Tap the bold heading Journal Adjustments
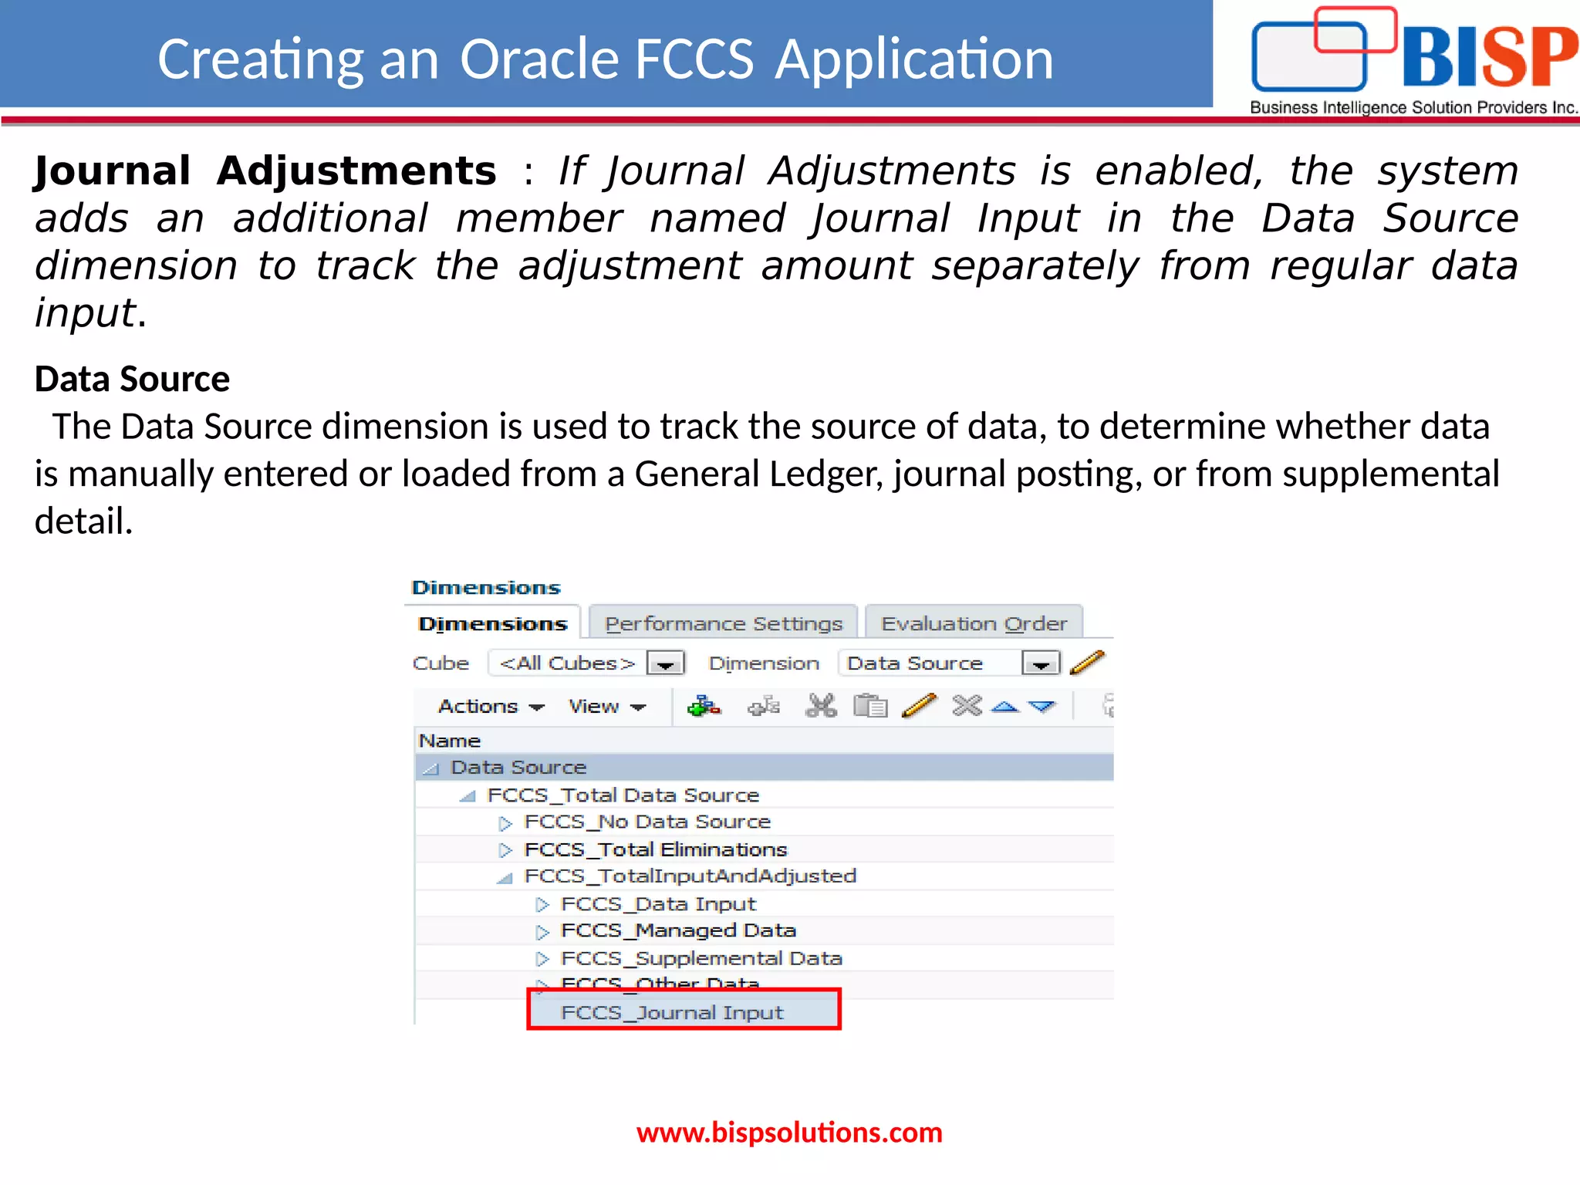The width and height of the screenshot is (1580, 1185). coord(265,170)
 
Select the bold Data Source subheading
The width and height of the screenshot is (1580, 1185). coord(132,379)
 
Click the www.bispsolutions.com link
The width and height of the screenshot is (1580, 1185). coord(789,1133)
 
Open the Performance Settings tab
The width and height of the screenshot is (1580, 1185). coord(723,623)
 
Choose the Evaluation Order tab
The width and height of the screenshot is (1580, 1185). coord(974,623)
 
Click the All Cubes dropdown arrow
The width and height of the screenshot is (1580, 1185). coord(665,663)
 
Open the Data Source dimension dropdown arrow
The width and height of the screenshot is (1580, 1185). coord(1040,663)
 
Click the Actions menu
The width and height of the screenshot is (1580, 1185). coord(491,707)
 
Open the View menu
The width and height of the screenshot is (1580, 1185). coord(606,707)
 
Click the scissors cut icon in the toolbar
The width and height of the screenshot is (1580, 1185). coord(821,706)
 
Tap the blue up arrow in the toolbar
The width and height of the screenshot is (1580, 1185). coord(1004,706)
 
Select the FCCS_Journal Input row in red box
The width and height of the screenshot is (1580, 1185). coord(671,1012)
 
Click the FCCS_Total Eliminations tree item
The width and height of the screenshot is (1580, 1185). coord(655,849)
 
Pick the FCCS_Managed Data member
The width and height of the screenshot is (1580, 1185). coord(678,930)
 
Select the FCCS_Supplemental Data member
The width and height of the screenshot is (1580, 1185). coord(701,958)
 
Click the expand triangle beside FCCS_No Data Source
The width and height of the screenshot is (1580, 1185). coord(505,823)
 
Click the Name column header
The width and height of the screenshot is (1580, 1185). coord(450,741)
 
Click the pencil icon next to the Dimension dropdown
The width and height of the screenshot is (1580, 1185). coord(1088,663)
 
